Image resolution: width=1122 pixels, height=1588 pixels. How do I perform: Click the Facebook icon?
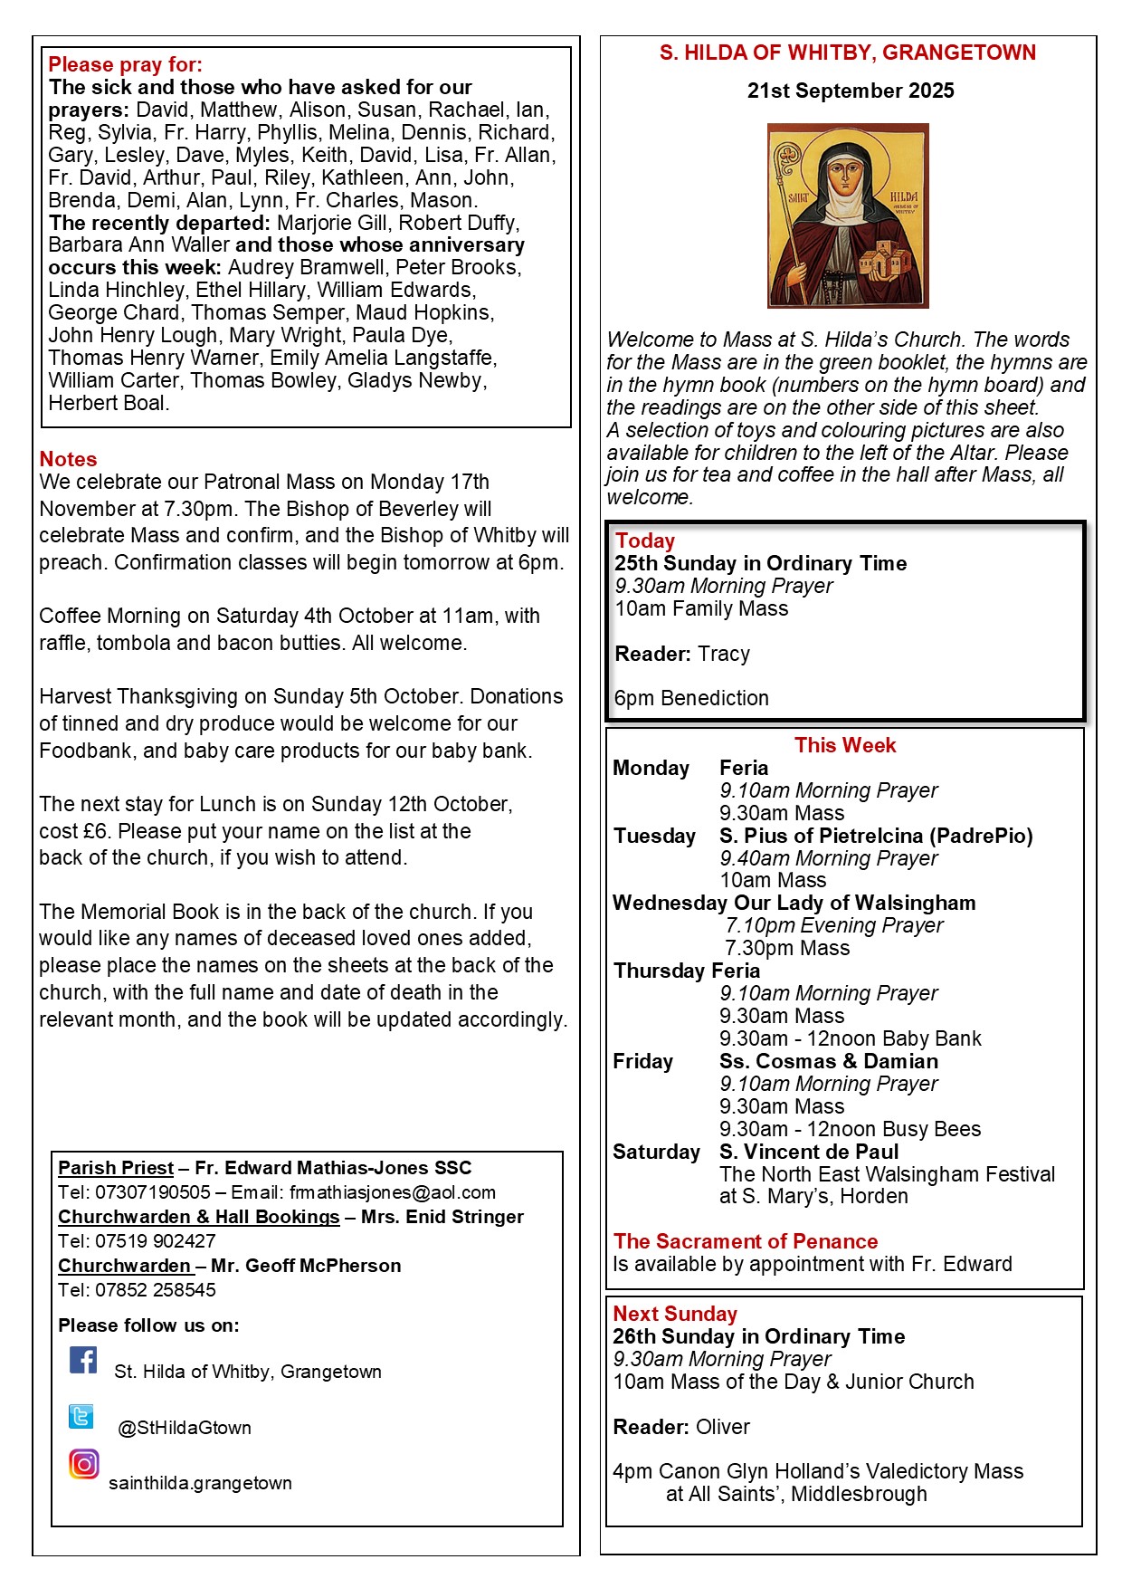83,1360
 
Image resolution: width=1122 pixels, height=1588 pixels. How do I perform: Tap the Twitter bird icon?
81,1416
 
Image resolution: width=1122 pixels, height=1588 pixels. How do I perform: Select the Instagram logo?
83,1464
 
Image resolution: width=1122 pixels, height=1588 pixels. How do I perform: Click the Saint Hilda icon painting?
848,215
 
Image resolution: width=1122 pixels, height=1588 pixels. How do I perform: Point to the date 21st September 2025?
850,91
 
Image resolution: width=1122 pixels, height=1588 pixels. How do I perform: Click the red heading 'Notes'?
68,459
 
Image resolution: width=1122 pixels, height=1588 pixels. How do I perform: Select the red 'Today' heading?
645,540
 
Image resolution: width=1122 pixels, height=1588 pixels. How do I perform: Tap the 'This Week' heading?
845,745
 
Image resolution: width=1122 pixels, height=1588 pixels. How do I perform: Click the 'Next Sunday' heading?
675,1314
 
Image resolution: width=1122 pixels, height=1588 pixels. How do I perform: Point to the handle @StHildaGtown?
185,1428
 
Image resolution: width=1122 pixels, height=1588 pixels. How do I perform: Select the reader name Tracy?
724,654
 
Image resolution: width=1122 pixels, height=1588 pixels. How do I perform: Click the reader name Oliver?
723,1427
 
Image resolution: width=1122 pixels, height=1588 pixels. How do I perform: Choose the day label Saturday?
656,1152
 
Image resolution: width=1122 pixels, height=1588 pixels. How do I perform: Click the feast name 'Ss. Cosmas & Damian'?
829,1061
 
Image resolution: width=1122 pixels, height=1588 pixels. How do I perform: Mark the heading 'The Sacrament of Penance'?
746,1241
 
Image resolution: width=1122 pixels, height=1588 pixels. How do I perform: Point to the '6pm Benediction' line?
691,698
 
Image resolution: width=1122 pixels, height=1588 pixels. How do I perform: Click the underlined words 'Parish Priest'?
116,1168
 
